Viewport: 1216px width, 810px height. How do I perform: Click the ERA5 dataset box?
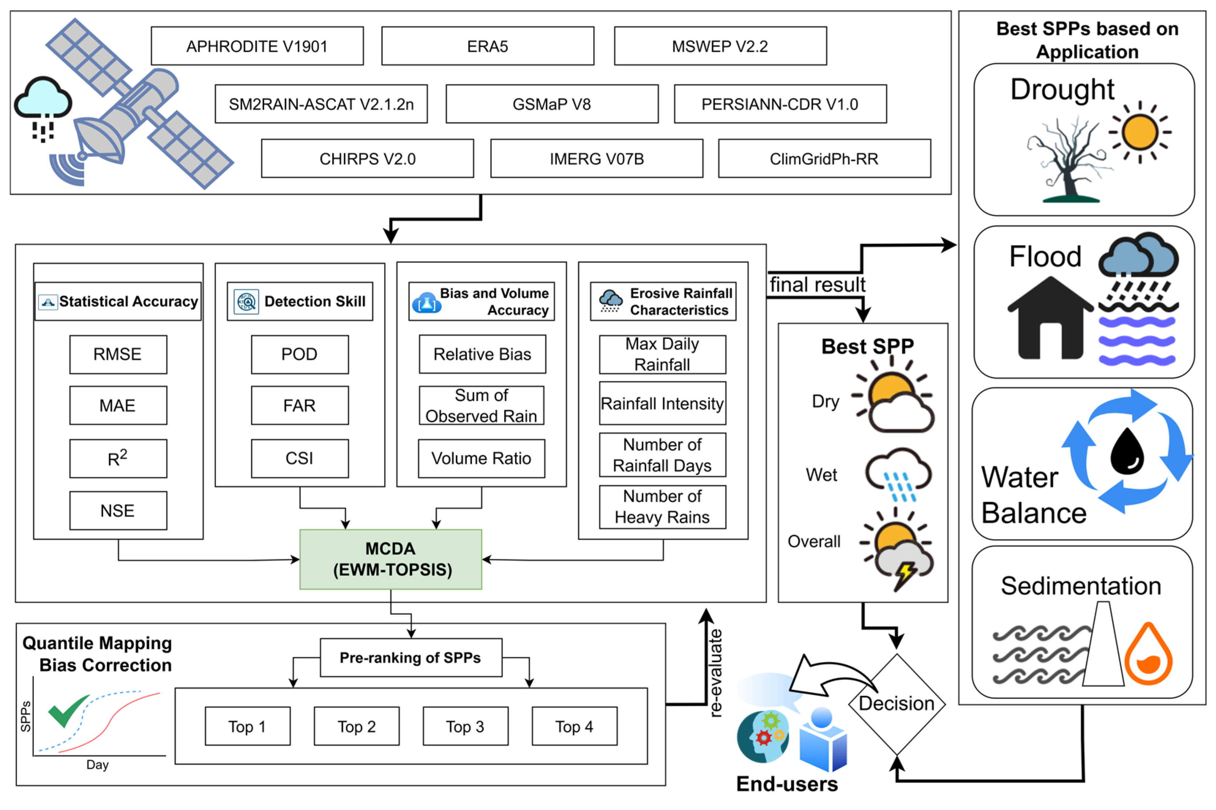click(x=487, y=46)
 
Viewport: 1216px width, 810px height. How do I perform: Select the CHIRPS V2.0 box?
click(x=367, y=159)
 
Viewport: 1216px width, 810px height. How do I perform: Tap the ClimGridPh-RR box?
click(x=824, y=159)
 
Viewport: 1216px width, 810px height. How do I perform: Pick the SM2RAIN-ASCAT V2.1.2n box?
click(x=321, y=104)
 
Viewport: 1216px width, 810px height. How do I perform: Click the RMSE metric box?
click(x=118, y=354)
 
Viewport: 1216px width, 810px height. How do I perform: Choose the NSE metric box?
click(x=118, y=511)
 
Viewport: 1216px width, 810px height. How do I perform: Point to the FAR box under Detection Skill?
click(x=299, y=406)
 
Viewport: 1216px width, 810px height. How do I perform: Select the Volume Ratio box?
click(x=481, y=458)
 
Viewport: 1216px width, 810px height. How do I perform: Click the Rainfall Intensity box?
click(x=662, y=403)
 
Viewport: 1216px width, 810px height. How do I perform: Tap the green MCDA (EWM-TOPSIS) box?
click(x=390, y=559)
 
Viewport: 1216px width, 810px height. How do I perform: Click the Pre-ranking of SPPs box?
click(x=410, y=658)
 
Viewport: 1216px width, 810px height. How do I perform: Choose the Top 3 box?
click(x=465, y=726)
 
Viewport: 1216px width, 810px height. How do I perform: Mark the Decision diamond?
click(x=896, y=704)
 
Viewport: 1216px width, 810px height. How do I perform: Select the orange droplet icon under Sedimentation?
click(x=1148, y=655)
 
